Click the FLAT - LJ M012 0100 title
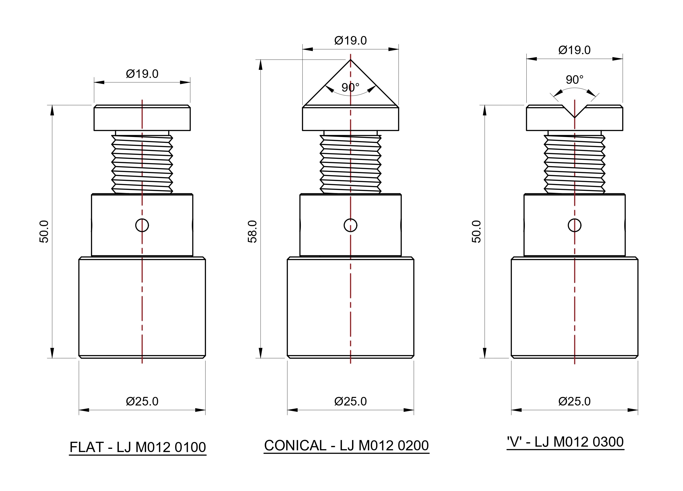[x=138, y=447]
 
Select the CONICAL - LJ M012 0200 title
[x=346, y=445]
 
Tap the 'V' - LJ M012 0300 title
[x=565, y=442]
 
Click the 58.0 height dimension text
[x=252, y=232]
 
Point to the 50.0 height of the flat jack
[x=44, y=232]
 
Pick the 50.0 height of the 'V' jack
[x=476, y=232]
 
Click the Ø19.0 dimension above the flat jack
[x=142, y=74]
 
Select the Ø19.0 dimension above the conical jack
[x=351, y=41]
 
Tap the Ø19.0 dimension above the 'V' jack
[x=575, y=50]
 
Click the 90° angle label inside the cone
[x=351, y=88]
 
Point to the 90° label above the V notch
[x=575, y=80]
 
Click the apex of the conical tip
[x=351, y=60]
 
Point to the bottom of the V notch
[x=575, y=117]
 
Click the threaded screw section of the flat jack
[x=142, y=164]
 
